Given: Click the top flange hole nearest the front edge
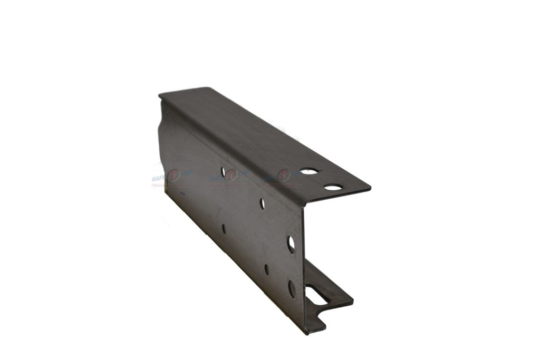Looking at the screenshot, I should [333, 187].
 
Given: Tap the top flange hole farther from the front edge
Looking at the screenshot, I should [308, 171].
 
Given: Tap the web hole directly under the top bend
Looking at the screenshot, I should [262, 203].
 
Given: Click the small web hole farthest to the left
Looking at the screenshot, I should [224, 229].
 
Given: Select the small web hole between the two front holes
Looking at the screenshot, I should [266, 269].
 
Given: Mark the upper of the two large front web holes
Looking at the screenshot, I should [291, 244].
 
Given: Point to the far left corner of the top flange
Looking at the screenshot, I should [159, 95].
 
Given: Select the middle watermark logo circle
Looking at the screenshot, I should [230, 176].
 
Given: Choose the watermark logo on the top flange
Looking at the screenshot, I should [284, 176].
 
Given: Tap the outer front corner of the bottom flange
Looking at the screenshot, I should [352, 302].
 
